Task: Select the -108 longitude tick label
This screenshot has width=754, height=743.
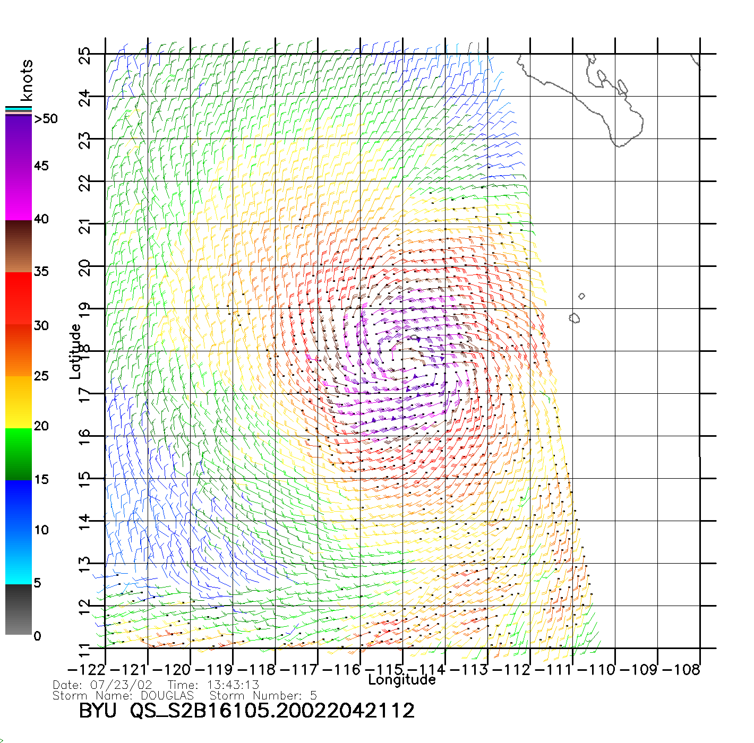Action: point(681,669)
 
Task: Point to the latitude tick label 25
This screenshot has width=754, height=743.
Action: point(84,56)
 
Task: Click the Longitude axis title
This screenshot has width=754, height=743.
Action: point(402,680)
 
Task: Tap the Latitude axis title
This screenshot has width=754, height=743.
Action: point(75,351)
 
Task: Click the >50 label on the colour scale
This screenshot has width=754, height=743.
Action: point(46,119)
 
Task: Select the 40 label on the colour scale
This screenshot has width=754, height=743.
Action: point(41,219)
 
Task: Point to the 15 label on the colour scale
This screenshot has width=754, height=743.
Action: point(41,479)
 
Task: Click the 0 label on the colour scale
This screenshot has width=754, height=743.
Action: point(37,636)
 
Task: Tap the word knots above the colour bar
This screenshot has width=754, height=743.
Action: point(27,80)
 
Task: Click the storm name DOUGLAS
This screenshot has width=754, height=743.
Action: point(167,695)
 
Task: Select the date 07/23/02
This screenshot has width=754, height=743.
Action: point(122,685)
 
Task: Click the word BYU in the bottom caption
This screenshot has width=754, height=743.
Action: point(98,711)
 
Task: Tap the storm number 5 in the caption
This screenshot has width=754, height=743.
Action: point(313,695)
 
